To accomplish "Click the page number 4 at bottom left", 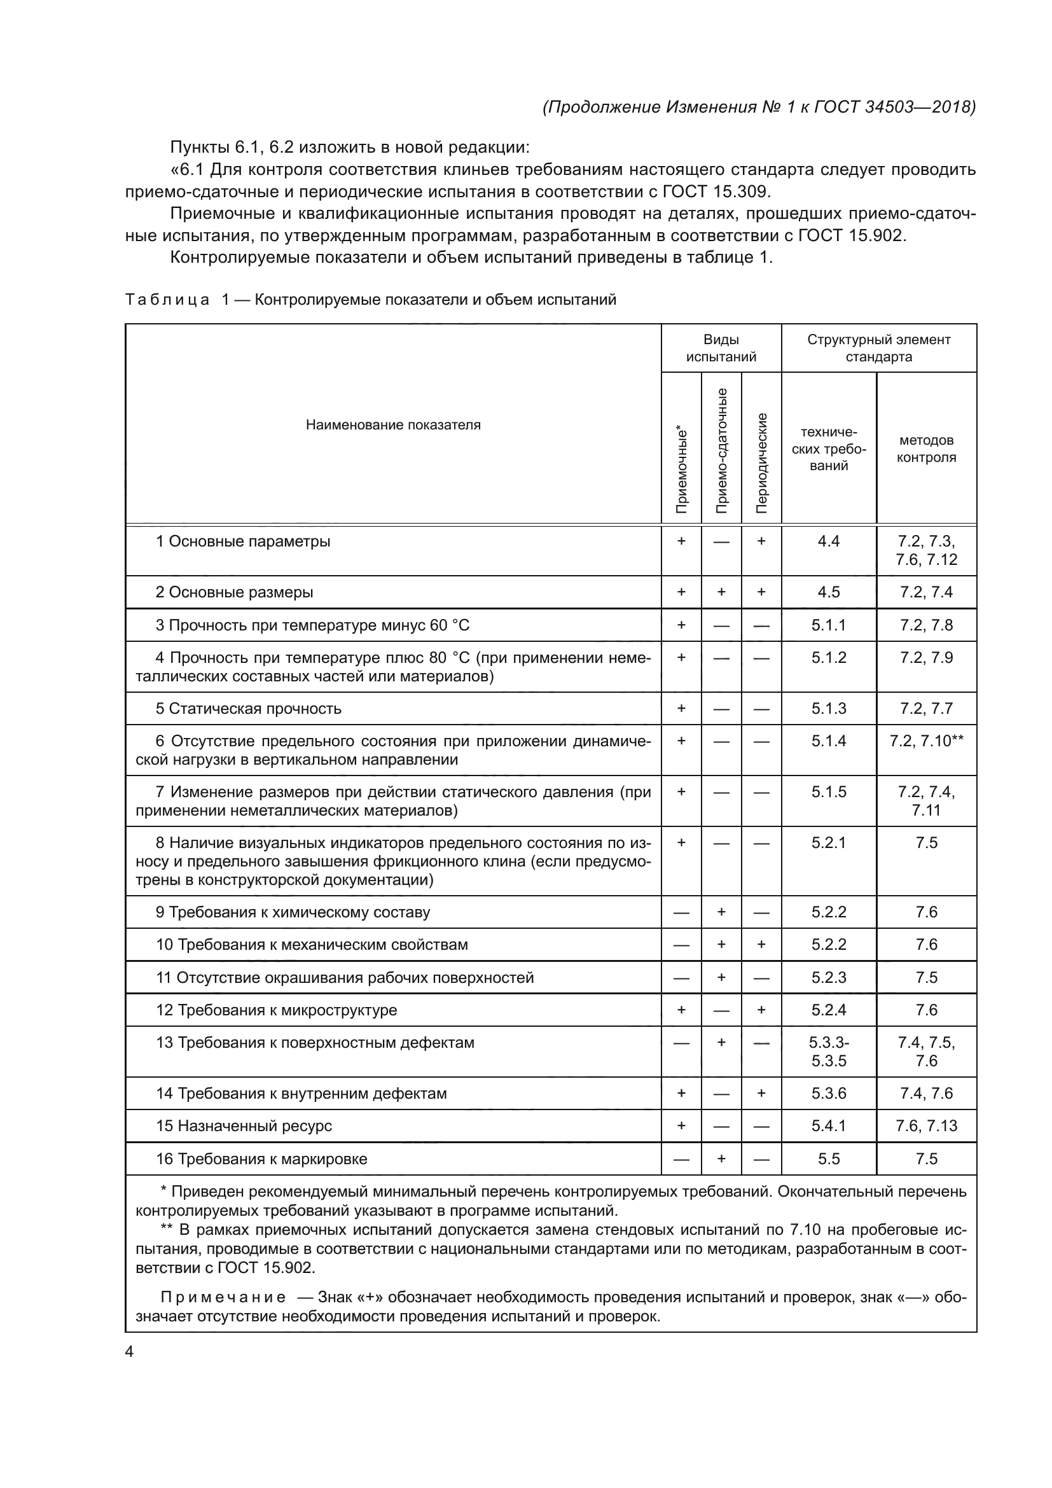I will pyautogui.click(x=129, y=1352).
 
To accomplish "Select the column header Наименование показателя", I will pyautogui.click(x=393, y=425).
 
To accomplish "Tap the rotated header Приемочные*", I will pyautogui.click(x=681, y=469).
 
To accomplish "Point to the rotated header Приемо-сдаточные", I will pyautogui.click(x=721, y=450).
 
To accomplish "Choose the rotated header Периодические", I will pyautogui.click(x=762, y=462).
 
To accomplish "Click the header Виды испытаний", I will pyautogui.click(x=721, y=348).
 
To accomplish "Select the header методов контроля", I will pyautogui.click(x=926, y=448).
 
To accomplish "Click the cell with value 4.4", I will pyautogui.click(x=829, y=541).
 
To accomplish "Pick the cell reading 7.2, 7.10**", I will pyautogui.click(x=926, y=741).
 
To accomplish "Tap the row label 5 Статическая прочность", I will pyautogui.click(x=248, y=708).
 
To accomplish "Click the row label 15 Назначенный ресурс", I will pyautogui.click(x=244, y=1126).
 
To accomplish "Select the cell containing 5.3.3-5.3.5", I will pyautogui.click(x=829, y=1052).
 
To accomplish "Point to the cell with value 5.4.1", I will pyautogui.click(x=829, y=1126).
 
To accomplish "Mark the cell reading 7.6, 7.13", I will pyautogui.click(x=926, y=1126).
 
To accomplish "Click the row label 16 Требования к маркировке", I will pyautogui.click(x=261, y=1158).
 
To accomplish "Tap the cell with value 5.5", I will pyautogui.click(x=829, y=1158).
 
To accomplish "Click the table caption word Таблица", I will pyautogui.click(x=167, y=300).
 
